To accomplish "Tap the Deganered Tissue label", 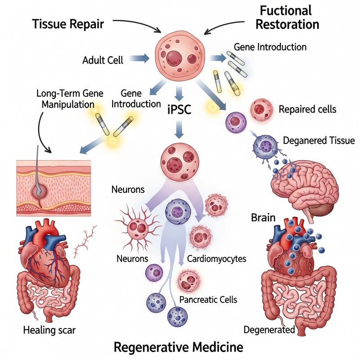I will coord(319,140).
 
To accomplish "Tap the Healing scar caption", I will coord(49,330).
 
